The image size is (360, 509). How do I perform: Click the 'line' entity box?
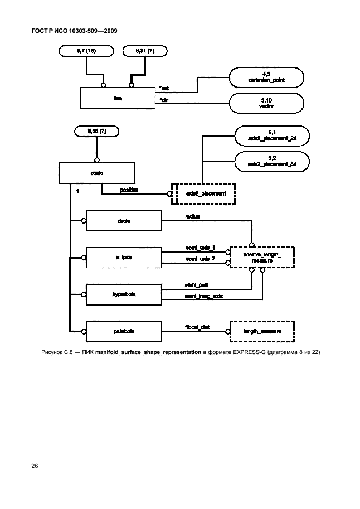[x=118, y=98]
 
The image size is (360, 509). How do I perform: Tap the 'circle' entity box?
[x=123, y=221]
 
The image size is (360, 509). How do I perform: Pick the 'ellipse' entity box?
[x=123, y=257]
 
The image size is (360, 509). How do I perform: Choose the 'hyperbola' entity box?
[x=123, y=293]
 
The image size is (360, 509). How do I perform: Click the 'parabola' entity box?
[x=123, y=332]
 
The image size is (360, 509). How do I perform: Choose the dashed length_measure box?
[x=261, y=332]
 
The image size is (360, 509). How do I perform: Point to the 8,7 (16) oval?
[x=86, y=51]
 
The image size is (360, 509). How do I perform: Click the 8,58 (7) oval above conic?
[x=97, y=132]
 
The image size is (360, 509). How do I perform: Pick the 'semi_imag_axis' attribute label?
[x=203, y=297]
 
